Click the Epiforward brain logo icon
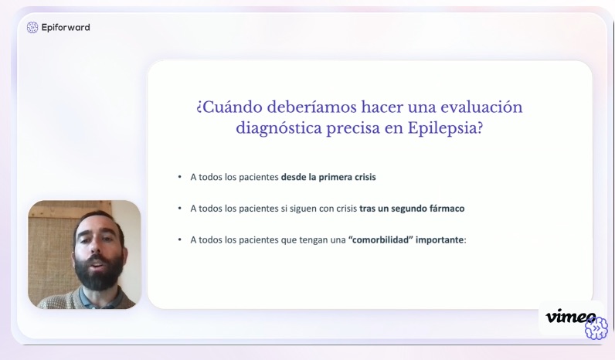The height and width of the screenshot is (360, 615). click(x=32, y=27)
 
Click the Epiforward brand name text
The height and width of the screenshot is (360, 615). click(x=66, y=27)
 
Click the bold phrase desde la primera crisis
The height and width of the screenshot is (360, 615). click(x=328, y=177)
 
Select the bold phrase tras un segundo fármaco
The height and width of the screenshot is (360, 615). click(x=412, y=209)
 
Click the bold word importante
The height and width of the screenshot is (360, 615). click(x=440, y=239)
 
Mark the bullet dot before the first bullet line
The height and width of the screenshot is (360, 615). click(x=179, y=177)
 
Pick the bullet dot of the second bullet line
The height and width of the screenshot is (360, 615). click(x=179, y=209)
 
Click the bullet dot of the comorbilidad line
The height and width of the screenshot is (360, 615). click(x=179, y=239)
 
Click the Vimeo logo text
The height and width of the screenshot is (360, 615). click(x=570, y=315)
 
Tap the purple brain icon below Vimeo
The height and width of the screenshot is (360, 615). click(x=596, y=328)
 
